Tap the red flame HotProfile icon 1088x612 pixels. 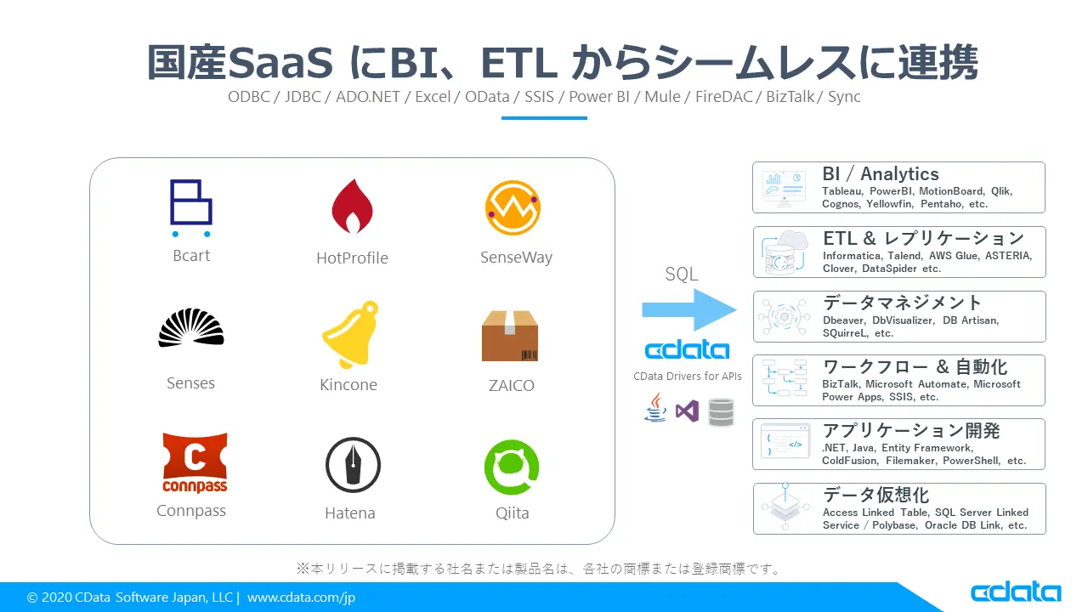tap(352, 207)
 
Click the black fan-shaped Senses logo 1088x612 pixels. tap(191, 328)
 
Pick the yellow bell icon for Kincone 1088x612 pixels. tap(349, 335)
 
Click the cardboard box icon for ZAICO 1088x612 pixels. tap(510, 336)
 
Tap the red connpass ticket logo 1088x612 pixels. tap(195, 462)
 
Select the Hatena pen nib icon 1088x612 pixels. tap(353, 465)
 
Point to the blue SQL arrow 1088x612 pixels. tap(688, 309)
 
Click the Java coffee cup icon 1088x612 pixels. tap(655, 408)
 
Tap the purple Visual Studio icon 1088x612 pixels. tap(687, 411)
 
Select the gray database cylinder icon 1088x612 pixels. tap(721, 411)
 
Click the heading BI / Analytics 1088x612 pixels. tap(880, 173)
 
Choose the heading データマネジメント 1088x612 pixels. tap(902, 303)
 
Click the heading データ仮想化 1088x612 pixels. tap(875, 495)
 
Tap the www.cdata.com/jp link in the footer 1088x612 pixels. tap(301, 598)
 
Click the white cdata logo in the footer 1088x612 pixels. tap(1016, 592)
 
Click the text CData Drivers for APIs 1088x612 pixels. tap(687, 376)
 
